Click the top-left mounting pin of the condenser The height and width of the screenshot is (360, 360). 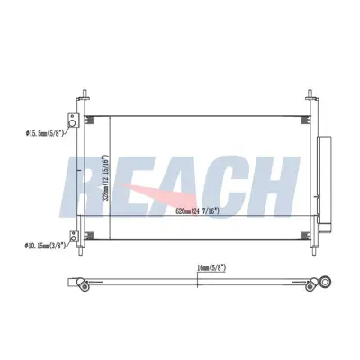pyautogui.click(x=83, y=97)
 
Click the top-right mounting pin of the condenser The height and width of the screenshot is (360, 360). pyautogui.click(x=309, y=97)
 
